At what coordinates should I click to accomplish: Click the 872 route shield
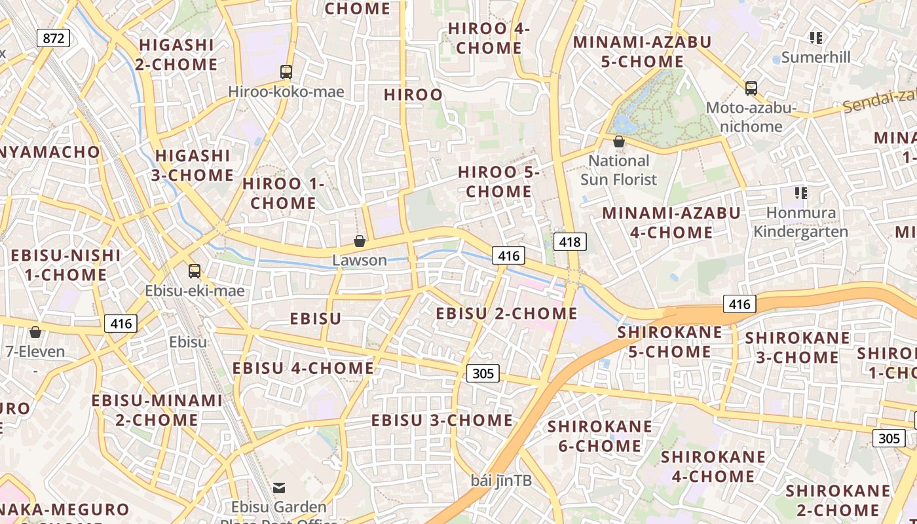click(53, 38)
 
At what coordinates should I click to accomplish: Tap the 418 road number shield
click(570, 242)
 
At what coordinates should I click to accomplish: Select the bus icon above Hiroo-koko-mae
click(286, 72)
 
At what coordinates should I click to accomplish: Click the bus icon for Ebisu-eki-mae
click(195, 271)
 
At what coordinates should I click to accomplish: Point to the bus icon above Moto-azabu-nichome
click(751, 88)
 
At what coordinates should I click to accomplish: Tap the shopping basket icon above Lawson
click(359, 241)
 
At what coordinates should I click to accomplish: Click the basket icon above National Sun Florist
click(618, 141)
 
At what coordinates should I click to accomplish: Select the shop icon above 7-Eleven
click(35, 332)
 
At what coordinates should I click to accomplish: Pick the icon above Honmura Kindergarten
click(800, 193)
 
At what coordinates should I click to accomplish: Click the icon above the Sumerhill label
click(815, 37)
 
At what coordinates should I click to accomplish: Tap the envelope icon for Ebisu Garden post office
click(280, 487)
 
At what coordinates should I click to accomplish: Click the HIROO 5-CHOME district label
click(498, 182)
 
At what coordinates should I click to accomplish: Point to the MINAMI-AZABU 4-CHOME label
click(671, 223)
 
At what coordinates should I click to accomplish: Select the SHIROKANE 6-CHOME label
click(600, 436)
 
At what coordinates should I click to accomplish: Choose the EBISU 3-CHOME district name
click(442, 421)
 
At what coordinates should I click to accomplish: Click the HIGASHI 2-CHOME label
click(177, 54)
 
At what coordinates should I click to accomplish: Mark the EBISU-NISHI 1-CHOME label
click(65, 265)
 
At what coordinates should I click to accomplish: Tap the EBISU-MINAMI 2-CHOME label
click(157, 410)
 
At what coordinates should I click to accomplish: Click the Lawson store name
click(360, 260)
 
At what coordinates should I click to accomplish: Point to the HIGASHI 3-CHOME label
click(193, 166)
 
